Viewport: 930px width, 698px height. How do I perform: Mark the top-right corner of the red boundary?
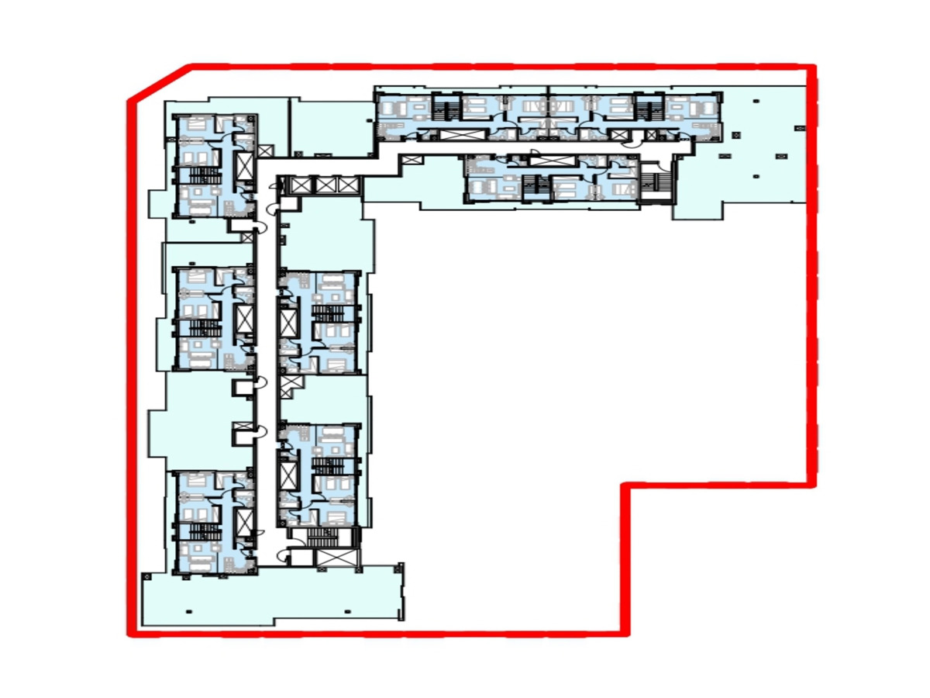click(813, 68)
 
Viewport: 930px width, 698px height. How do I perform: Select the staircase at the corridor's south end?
click(319, 537)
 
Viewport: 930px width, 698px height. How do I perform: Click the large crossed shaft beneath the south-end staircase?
click(334, 560)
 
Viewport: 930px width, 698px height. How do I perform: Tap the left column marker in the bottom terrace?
click(188, 611)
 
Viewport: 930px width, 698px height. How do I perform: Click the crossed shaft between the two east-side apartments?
click(290, 383)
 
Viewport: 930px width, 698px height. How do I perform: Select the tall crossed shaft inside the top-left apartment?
click(245, 165)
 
